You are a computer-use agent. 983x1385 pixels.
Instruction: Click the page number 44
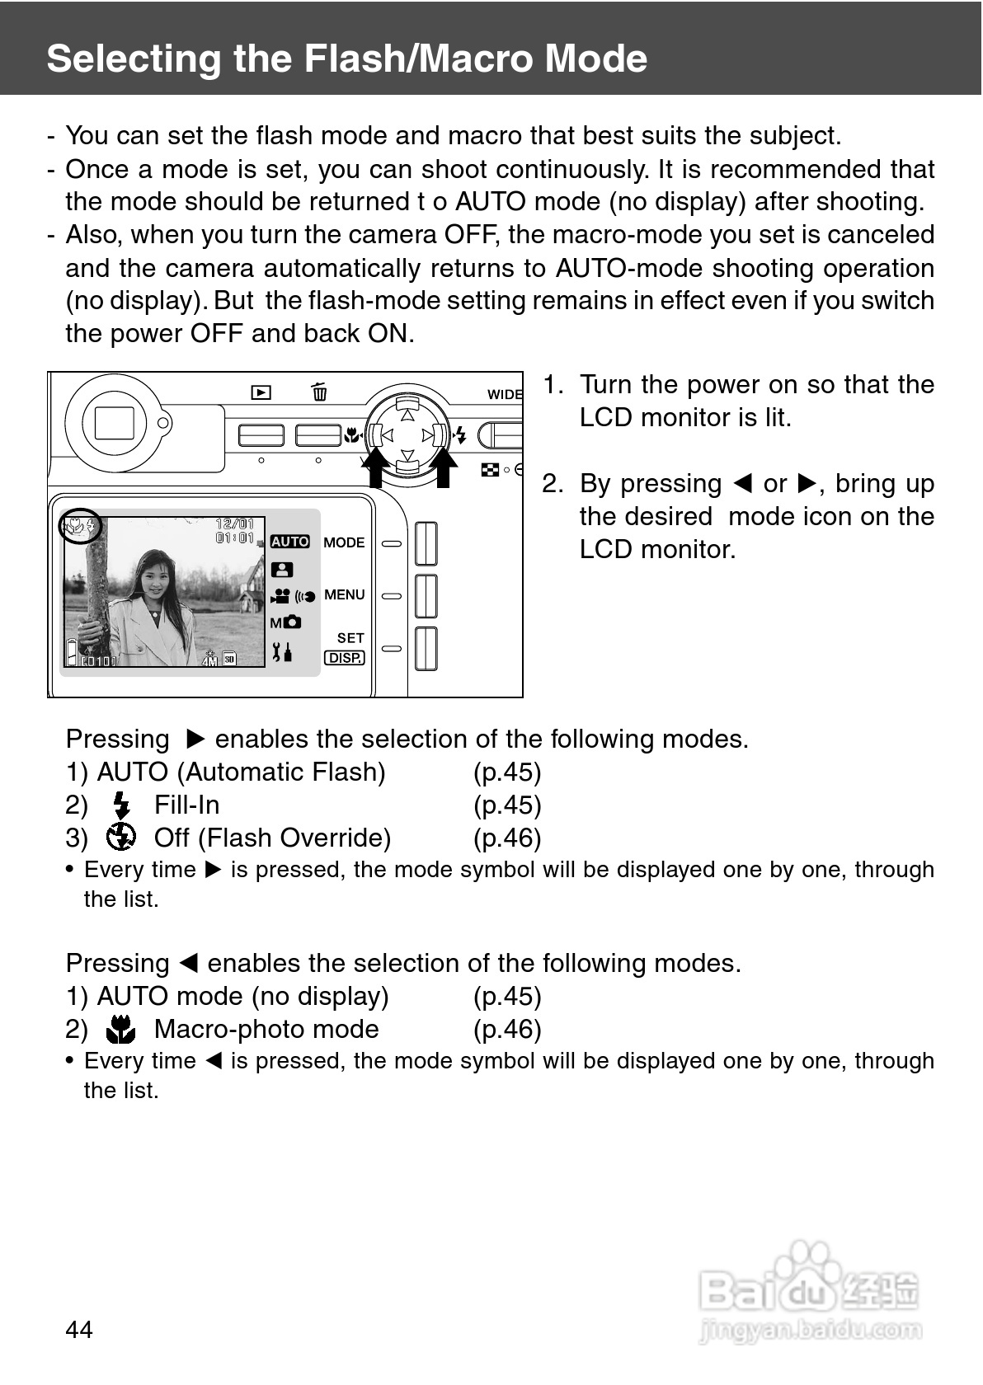tap(79, 1329)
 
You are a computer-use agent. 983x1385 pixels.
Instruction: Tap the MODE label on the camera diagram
tap(344, 542)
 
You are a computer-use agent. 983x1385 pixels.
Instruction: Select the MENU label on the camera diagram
tap(344, 594)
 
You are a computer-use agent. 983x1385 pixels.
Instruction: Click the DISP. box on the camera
tap(345, 658)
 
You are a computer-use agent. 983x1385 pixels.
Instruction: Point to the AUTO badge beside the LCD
tap(289, 542)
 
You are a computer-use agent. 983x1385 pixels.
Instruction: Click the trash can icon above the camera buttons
tap(319, 392)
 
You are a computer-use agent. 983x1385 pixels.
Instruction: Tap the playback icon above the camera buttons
tap(261, 393)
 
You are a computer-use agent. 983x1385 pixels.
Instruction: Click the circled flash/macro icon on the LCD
tap(80, 525)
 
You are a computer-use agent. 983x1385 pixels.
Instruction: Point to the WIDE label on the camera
tap(505, 394)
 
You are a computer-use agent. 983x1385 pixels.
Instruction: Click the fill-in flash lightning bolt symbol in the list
tap(122, 805)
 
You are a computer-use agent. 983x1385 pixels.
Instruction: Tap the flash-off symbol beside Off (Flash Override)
tap(121, 838)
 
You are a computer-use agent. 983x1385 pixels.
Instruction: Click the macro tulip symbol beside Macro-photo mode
tap(122, 1029)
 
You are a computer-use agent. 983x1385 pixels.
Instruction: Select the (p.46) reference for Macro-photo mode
tap(507, 1029)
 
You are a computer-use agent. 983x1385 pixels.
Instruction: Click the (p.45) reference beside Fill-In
tap(507, 805)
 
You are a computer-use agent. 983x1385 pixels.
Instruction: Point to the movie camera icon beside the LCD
tap(280, 595)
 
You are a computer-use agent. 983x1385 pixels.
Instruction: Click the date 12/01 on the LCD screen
tap(234, 524)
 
